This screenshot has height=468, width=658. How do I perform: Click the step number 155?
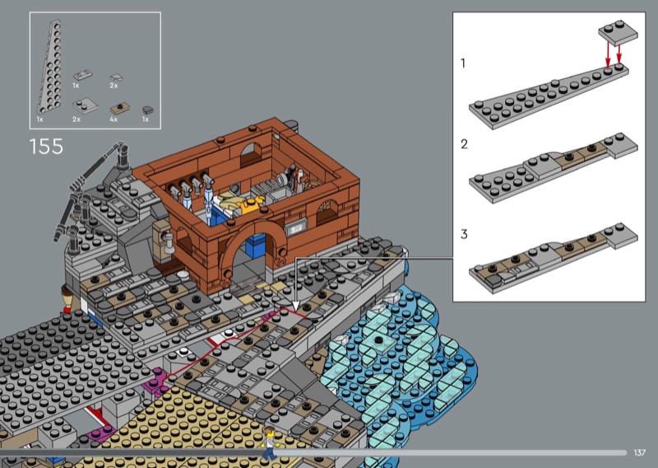[x=46, y=147]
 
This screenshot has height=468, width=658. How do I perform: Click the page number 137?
[x=639, y=452]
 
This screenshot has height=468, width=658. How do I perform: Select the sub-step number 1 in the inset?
[x=463, y=63]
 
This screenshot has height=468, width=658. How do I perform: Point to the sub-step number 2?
[x=464, y=144]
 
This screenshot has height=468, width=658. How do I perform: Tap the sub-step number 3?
[x=464, y=234]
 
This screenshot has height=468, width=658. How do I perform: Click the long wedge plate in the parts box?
[x=49, y=68]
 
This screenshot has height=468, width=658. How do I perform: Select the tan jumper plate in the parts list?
[x=119, y=109]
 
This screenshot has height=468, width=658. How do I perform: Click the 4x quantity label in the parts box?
[x=114, y=119]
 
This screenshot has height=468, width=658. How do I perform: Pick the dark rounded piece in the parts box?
[x=148, y=110]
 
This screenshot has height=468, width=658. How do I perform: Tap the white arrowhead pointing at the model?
[x=295, y=306]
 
